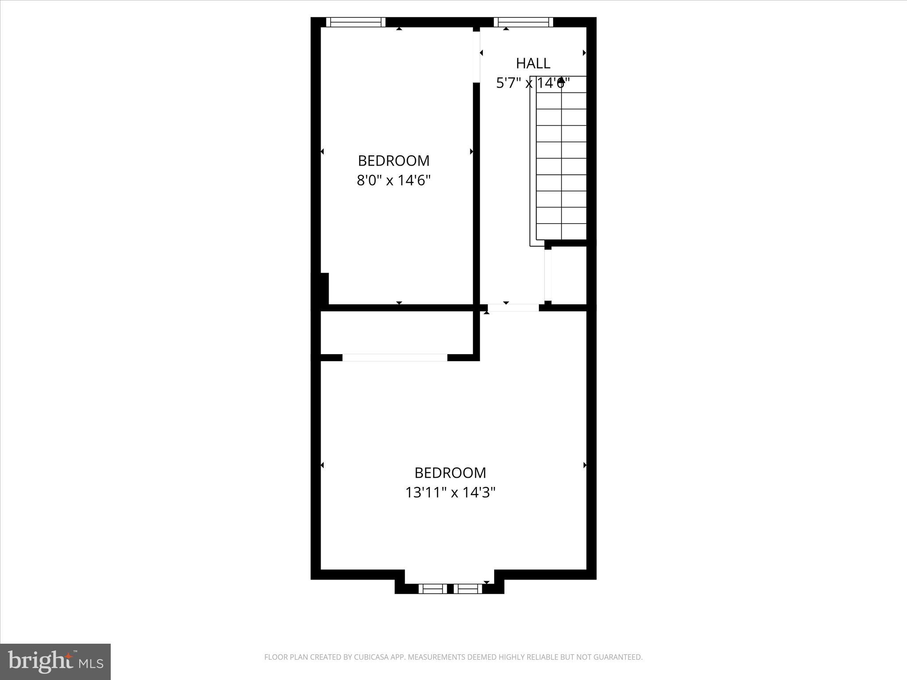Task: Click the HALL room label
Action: pos(533,63)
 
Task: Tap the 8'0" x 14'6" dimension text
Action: pos(394,181)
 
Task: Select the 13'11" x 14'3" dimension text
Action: pos(450,493)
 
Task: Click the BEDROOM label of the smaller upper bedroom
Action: pos(394,160)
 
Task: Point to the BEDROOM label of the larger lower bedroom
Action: pos(450,473)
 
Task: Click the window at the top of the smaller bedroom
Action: pos(356,22)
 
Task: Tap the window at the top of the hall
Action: pos(523,22)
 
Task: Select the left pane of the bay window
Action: pos(433,589)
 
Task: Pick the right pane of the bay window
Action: pos(468,589)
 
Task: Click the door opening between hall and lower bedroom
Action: pos(513,308)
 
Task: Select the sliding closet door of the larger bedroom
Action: pos(395,358)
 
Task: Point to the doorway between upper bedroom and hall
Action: pos(477,57)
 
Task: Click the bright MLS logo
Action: pos(55,661)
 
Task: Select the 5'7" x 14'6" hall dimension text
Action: pos(533,83)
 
